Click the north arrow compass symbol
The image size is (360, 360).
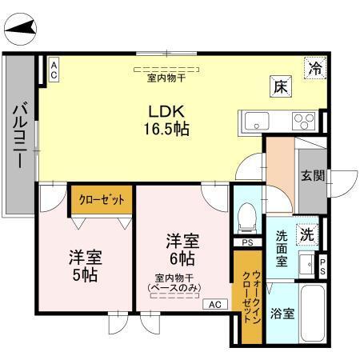[22, 31]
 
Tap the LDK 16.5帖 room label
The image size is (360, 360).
[166, 119]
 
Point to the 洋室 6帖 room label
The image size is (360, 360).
[182, 249]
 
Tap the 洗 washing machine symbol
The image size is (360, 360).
[307, 235]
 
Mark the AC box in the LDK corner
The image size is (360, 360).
[54, 70]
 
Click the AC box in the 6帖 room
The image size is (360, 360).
[215, 304]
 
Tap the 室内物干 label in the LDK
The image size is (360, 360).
[166, 78]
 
